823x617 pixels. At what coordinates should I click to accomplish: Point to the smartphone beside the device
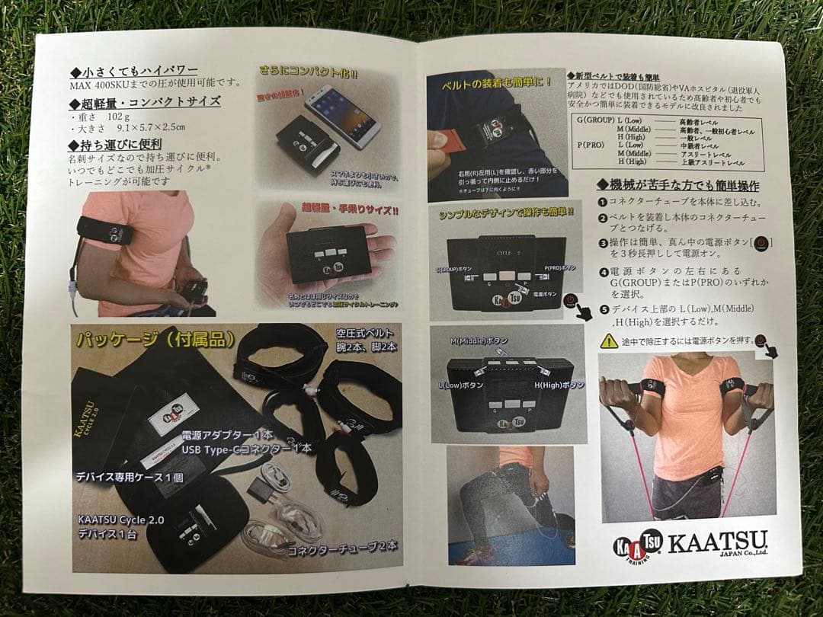343,114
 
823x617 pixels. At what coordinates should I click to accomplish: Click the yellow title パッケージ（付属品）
155,340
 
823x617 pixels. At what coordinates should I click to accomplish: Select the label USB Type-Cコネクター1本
246,449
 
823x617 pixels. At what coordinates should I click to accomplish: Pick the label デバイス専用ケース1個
129,478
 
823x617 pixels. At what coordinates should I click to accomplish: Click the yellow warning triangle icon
609,340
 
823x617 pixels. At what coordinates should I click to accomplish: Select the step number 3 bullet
602,243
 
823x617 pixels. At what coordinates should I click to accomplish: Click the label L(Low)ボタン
460,385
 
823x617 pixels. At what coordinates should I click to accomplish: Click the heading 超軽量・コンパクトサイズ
145,101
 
